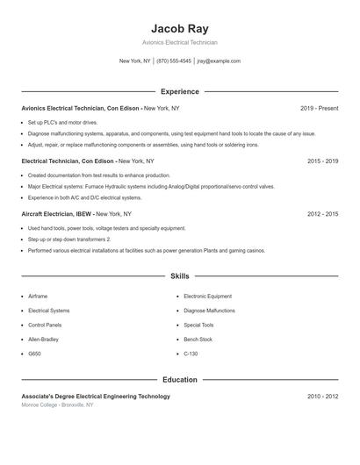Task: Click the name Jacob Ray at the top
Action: pyautogui.click(x=179, y=28)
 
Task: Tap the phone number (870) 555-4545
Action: pyautogui.click(x=174, y=61)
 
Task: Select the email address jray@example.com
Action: pyautogui.click(x=219, y=61)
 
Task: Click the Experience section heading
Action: pyautogui.click(x=179, y=91)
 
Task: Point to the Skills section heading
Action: pyautogui.click(x=179, y=276)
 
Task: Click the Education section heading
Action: pyautogui.click(x=179, y=380)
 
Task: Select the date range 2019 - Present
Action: pyautogui.click(x=319, y=108)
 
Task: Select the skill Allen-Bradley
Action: pyautogui.click(x=44, y=339)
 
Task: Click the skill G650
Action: pyautogui.click(x=34, y=354)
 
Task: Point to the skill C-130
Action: pyautogui.click(x=191, y=354)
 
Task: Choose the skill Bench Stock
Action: pyautogui.click(x=198, y=339)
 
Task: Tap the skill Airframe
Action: pyautogui.click(x=38, y=297)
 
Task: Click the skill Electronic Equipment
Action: pyautogui.click(x=207, y=297)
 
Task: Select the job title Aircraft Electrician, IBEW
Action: pyautogui.click(x=56, y=213)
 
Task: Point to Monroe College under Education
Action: pyautogui.click(x=40, y=404)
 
